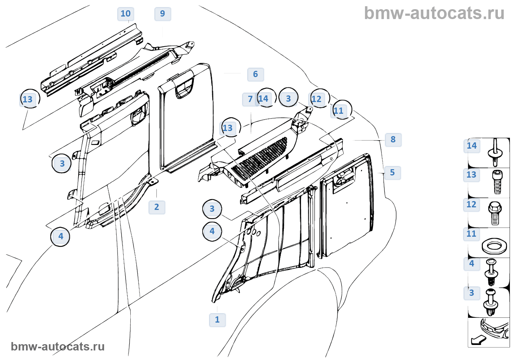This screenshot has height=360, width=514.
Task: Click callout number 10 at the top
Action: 126,14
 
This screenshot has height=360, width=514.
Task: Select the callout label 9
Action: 163,14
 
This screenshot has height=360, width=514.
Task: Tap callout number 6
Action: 256,74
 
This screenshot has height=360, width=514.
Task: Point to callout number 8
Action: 393,140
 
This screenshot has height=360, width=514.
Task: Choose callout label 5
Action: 392,173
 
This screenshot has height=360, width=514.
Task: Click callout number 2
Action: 157,207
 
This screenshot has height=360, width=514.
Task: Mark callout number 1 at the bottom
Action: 217,320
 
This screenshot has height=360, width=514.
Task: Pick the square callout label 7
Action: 250,99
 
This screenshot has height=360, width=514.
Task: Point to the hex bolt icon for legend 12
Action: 494,213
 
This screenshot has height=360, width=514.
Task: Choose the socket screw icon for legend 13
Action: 497,181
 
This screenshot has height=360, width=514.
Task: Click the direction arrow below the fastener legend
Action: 478,340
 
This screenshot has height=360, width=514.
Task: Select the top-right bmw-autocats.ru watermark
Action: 434,13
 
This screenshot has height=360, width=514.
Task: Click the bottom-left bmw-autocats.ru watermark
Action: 58,346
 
